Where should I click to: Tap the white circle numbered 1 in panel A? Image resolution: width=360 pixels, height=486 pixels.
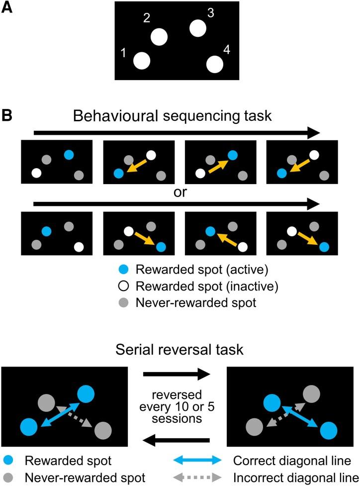point(142,61)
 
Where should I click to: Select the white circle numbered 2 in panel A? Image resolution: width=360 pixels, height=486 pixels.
point(159,37)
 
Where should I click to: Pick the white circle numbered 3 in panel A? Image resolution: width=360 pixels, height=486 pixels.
point(197,28)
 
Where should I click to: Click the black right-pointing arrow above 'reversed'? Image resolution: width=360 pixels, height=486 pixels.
point(177,373)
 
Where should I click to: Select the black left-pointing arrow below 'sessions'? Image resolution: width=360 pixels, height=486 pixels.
point(177,439)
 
